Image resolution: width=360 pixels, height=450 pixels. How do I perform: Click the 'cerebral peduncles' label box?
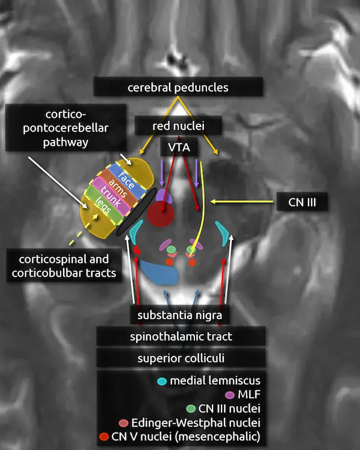[178, 88]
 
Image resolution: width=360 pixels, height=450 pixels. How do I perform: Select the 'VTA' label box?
[175, 148]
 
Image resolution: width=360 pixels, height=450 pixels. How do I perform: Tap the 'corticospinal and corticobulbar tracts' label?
[64, 266]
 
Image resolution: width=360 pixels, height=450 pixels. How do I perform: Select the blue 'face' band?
[126, 179]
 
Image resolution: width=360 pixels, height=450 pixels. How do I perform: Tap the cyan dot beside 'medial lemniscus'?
[161, 381]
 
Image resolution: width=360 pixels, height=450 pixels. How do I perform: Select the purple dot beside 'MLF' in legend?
[229, 395]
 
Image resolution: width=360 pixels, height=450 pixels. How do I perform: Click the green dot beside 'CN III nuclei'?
[191, 409]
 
